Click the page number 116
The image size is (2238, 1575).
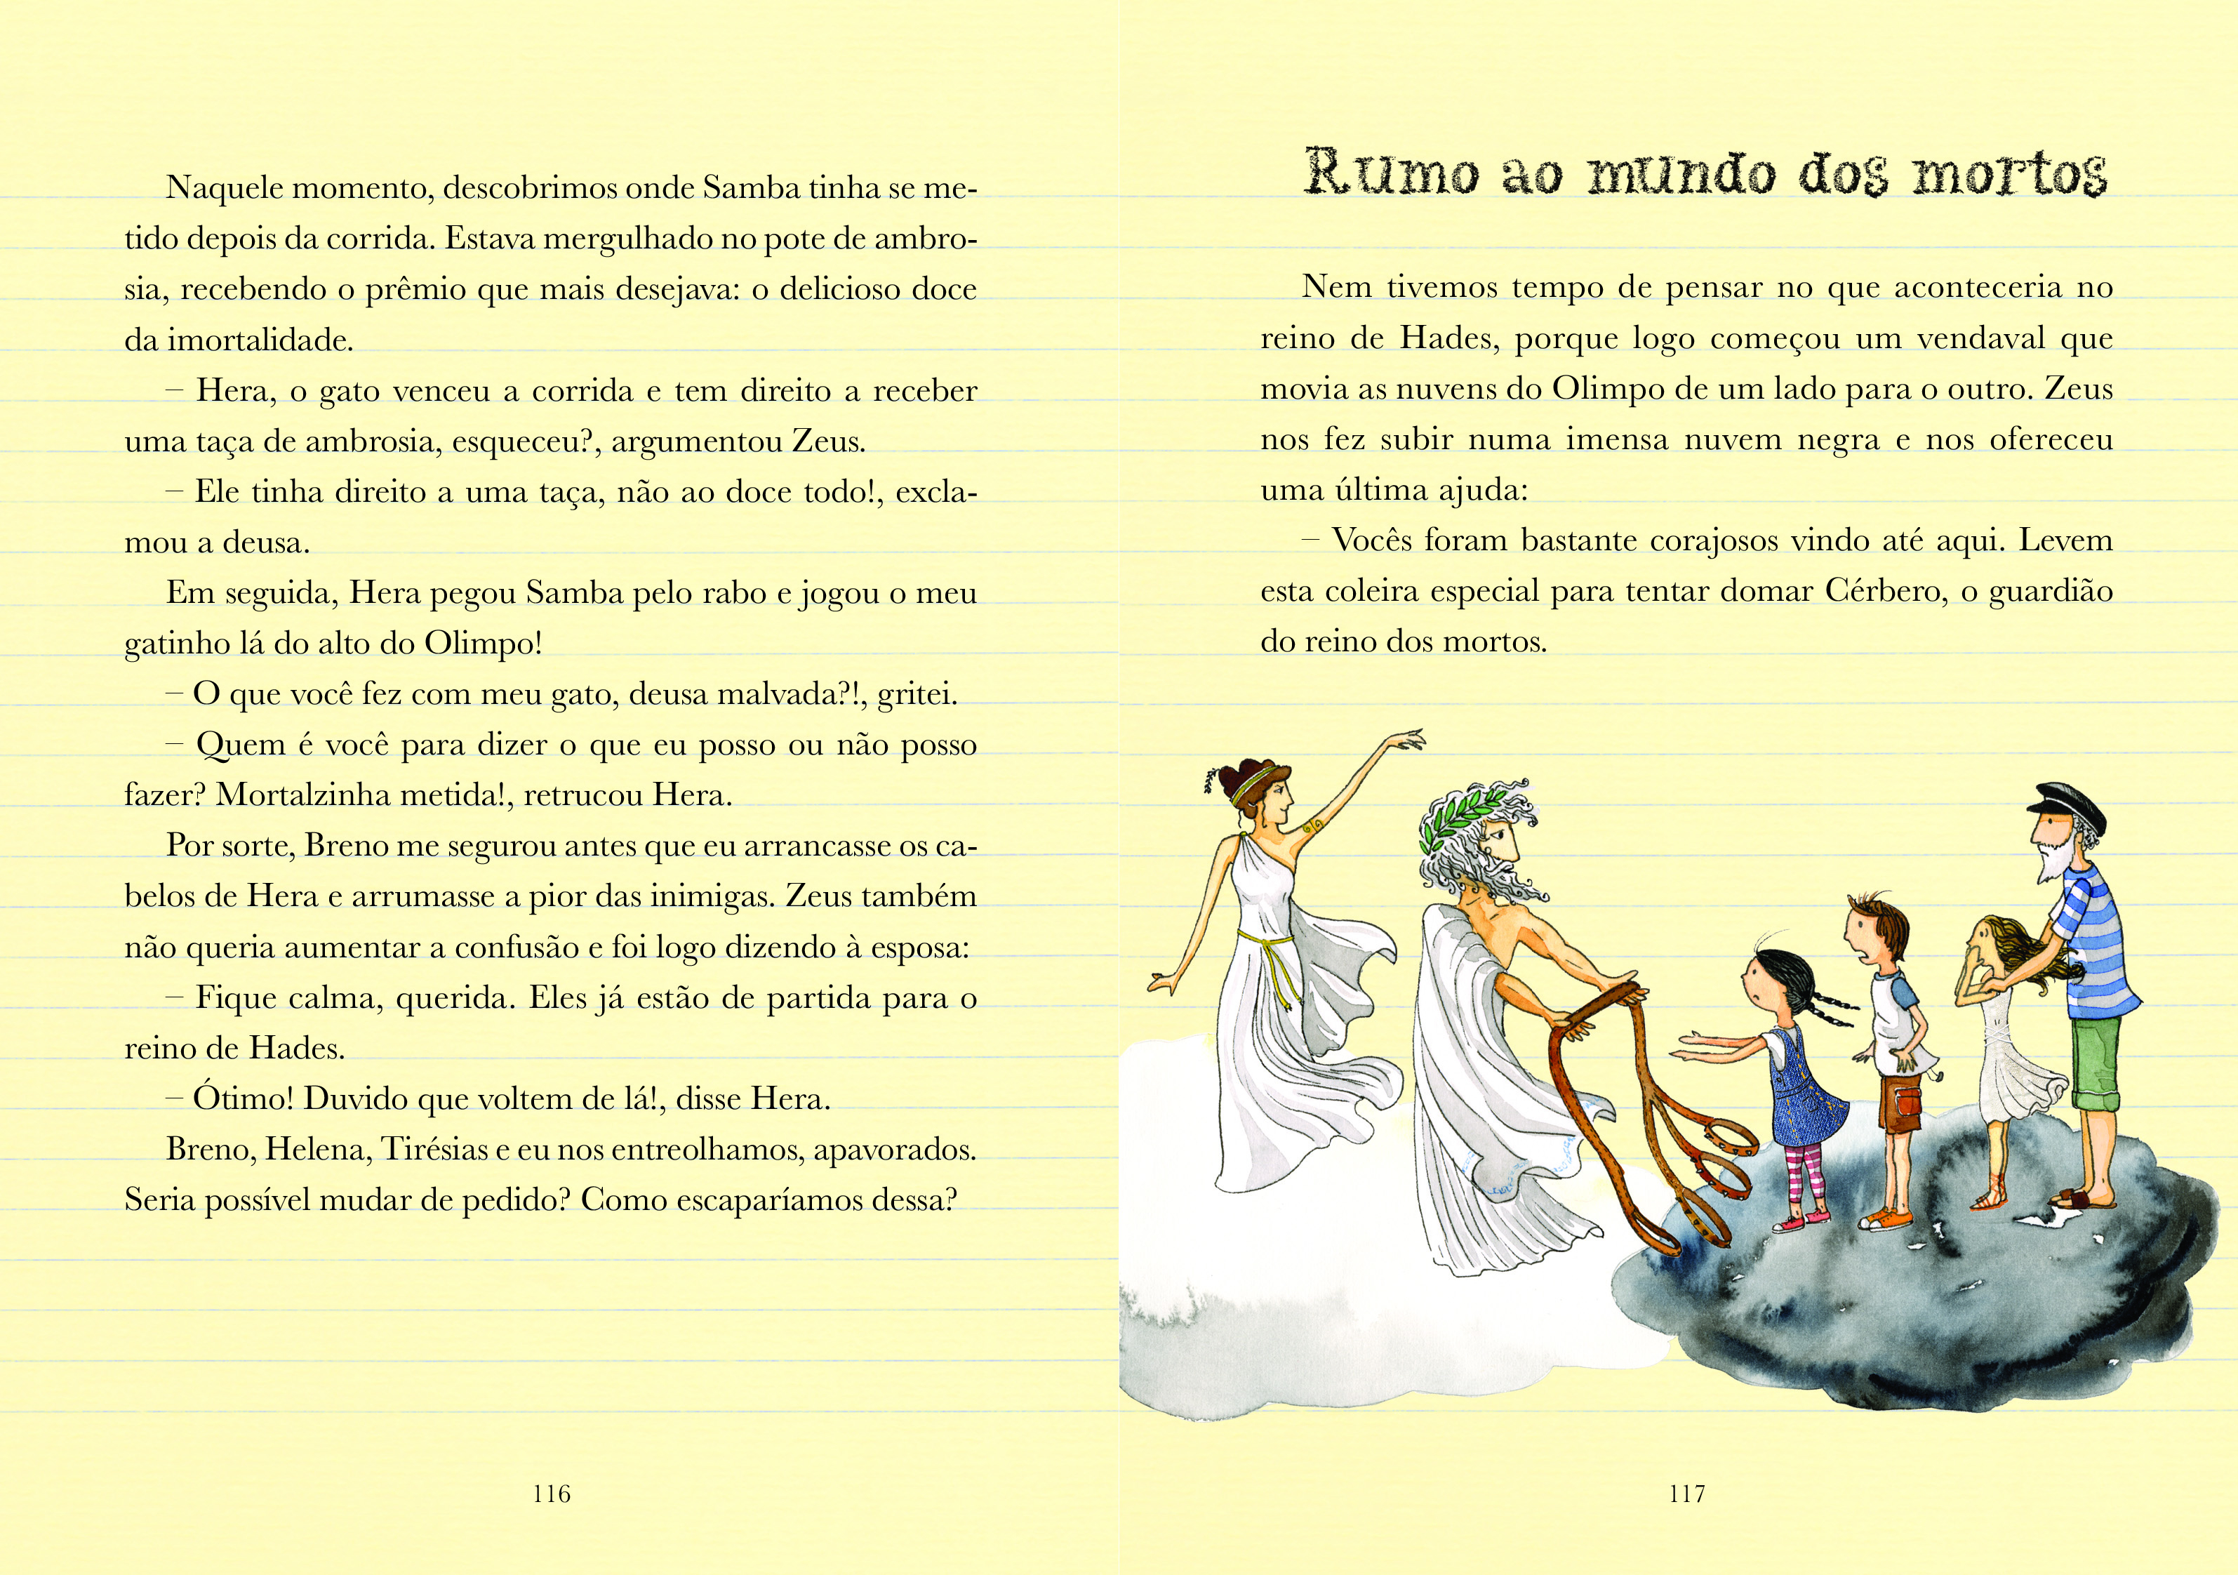coord(552,1493)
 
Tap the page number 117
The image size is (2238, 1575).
coord(1686,1493)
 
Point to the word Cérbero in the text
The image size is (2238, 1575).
coord(1882,592)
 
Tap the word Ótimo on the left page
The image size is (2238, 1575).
coord(243,1098)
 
